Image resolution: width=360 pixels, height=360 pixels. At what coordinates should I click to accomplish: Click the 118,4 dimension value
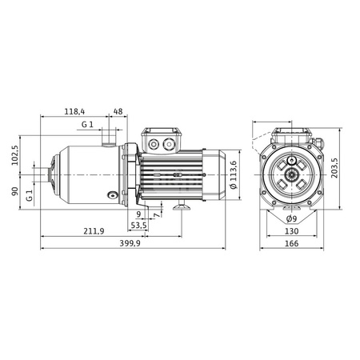74,111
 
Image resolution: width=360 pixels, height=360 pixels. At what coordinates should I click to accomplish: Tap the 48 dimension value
118,111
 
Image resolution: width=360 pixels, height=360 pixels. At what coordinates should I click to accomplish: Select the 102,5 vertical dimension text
14,155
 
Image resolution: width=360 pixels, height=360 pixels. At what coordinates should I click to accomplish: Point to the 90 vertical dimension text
14,191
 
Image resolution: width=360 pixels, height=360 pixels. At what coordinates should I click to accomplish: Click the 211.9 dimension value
94,231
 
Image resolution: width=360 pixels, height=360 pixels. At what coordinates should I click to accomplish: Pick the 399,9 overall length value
130,243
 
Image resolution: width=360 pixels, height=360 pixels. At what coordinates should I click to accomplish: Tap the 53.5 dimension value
138,226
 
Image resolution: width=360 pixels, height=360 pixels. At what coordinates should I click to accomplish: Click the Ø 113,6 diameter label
234,174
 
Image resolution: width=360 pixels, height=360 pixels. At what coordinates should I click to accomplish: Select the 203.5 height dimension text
334,168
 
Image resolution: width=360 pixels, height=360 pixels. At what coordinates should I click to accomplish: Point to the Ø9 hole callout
291,219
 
